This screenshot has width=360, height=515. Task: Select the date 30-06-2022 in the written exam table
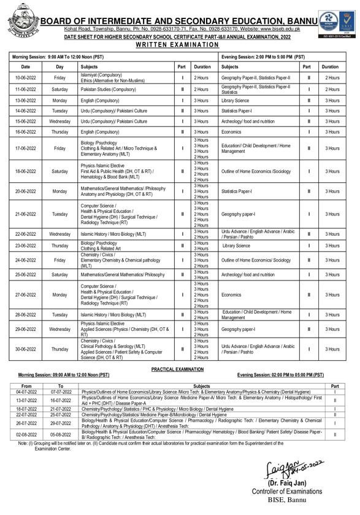tap(25, 349)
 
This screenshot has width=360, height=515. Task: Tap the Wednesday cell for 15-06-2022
tap(59, 122)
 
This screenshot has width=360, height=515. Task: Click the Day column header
tap(59, 66)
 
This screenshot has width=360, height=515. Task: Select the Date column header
tap(25, 66)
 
